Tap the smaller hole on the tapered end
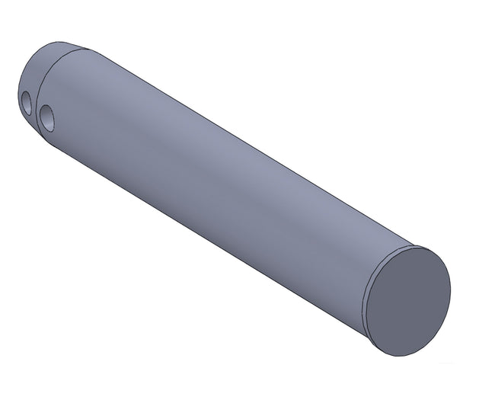pos(26,101)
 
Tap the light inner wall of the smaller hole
pos(28,102)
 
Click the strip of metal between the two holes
pos(36,108)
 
